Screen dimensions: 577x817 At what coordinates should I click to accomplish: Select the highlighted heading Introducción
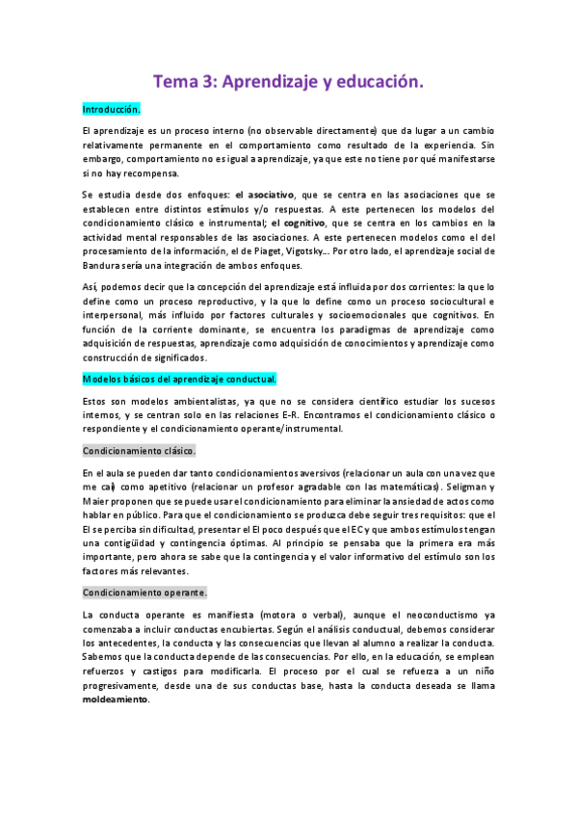pyautogui.click(x=112, y=109)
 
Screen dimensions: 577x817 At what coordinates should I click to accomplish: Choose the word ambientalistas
pyautogui.click(x=195, y=400)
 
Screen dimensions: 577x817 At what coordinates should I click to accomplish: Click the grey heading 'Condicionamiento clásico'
pyautogui.click(x=140, y=450)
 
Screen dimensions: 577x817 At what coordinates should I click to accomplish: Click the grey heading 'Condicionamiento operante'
pyautogui.click(x=144, y=592)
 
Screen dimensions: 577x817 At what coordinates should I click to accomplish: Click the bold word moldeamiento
pyautogui.click(x=117, y=699)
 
